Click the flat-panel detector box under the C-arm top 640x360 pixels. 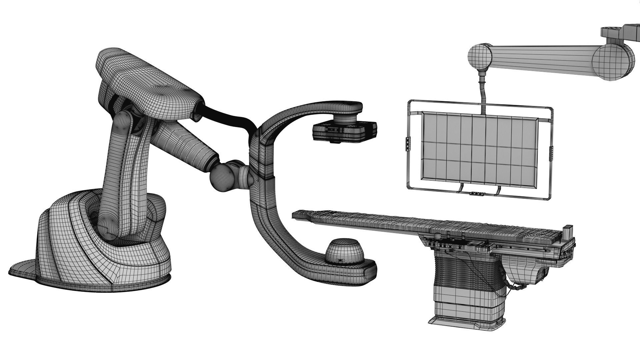[x=344, y=131]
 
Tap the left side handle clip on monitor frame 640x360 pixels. [x=408, y=144]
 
